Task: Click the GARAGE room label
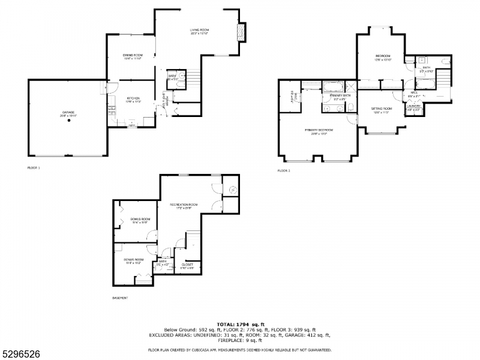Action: [68, 113]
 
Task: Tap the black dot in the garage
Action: [69, 121]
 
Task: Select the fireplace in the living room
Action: [241, 31]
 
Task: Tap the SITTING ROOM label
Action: [381, 109]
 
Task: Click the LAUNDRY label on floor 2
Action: [414, 106]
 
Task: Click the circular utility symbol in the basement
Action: [233, 190]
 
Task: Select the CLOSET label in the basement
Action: [187, 264]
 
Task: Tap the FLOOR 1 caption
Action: [34, 168]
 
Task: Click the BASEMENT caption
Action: [120, 298]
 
